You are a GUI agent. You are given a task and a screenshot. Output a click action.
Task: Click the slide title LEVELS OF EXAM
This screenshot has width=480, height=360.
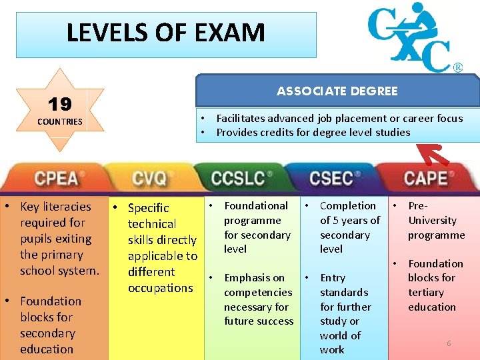tap(165, 33)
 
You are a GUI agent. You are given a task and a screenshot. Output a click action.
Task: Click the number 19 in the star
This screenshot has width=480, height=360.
tap(59, 104)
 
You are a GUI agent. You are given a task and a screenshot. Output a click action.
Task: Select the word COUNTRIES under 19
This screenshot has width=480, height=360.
tap(60, 121)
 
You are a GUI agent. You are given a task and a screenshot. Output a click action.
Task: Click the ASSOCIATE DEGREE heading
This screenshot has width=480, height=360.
tap(337, 91)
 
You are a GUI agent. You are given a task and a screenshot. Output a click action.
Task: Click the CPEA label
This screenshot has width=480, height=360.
tap(56, 179)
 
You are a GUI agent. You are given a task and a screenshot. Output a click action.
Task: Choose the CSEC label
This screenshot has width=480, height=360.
tap(331, 179)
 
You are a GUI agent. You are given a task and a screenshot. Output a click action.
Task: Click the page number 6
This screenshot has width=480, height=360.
tap(449, 343)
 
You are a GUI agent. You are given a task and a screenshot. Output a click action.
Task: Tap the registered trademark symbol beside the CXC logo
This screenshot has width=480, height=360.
tap(458, 67)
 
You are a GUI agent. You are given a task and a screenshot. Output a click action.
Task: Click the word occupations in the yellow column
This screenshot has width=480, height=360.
tap(160, 288)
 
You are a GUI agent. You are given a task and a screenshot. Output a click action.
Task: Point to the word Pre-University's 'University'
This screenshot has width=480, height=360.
tap(432, 221)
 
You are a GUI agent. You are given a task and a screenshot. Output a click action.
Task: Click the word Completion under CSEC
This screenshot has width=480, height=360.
tap(348, 206)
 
